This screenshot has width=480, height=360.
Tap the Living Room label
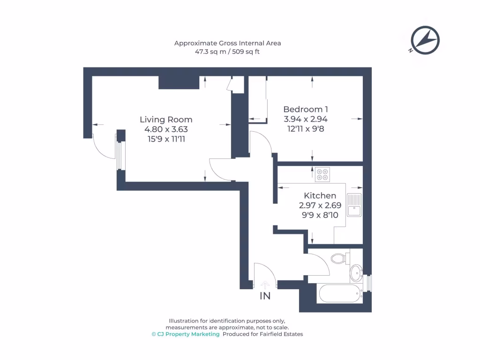pyautogui.click(x=166, y=120)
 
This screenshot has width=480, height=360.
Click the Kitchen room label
pyautogui.click(x=320, y=195)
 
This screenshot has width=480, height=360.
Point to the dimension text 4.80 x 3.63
pyautogui.click(x=166, y=129)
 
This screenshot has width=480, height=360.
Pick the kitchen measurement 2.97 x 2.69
pyautogui.click(x=320, y=205)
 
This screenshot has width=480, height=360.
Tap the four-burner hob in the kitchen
pyautogui.click(x=322, y=174)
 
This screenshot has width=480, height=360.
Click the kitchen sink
pyautogui.click(x=354, y=205)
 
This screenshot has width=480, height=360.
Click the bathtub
pyautogui.click(x=338, y=294)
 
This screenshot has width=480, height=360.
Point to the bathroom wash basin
pyautogui.click(x=356, y=271)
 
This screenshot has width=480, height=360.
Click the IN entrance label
pyautogui.click(x=265, y=296)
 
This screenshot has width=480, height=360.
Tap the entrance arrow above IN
pyautogui.click(x=265, y=284)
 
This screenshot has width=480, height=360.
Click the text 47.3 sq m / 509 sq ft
pyautogui.click(x=227, y=52)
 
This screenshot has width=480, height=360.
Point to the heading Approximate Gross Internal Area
pyautogui.click(x=227, y=43)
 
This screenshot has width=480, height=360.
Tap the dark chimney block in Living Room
pyautogui.click(x=173, y=82)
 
